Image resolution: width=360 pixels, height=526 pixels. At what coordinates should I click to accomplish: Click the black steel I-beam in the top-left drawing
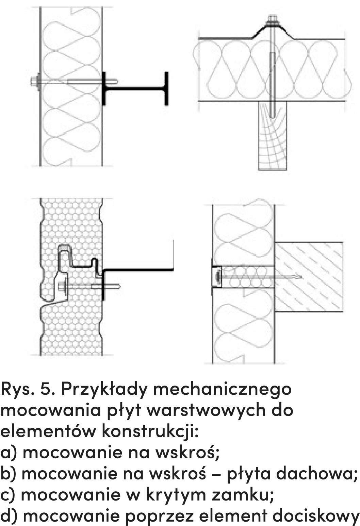pos(135,89)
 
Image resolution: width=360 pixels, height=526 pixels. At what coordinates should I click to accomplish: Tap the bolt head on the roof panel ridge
pos(273,19)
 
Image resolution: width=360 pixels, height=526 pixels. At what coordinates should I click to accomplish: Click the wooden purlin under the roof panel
pos(272,135)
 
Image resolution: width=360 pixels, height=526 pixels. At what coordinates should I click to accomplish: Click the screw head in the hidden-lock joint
pos(62,287)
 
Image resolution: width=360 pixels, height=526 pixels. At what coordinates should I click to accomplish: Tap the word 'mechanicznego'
pos(222,395)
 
